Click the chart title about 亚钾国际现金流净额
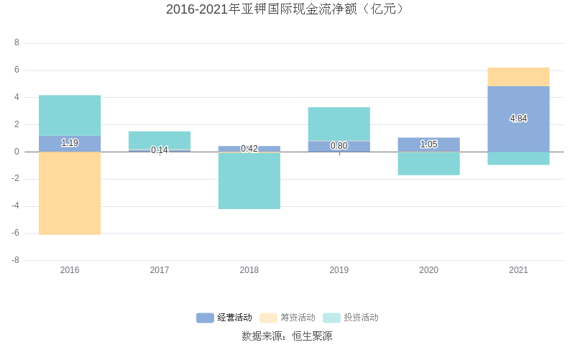tap(287, 9)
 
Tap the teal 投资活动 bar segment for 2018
tap(249, 181)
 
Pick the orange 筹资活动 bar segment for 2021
tap(518, 77)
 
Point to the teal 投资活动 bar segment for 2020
tap(428, 163)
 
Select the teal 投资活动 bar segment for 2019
tap(339, 124)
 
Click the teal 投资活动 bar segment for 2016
tap(70, 115)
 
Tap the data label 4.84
tap(518, 119)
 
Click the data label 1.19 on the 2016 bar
tap(70, 143)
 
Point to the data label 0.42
tap(249, 149)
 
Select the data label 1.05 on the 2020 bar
tap(428, 144)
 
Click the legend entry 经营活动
tap(224, 318)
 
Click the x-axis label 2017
tap(160, 270)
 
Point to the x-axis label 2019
tap(339, 270)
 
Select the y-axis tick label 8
tap(17, 43)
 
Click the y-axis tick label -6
tap(15, 234)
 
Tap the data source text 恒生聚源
tap(312, 336)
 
